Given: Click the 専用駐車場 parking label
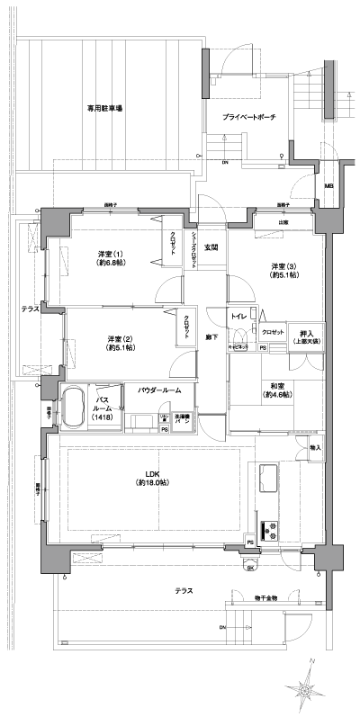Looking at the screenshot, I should point(105,108).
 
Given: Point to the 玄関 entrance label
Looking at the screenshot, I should point(211,247).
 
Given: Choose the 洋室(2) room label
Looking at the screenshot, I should point(109,343).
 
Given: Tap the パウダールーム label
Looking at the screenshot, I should point(159,391).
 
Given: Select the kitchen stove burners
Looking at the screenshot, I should point(267,530).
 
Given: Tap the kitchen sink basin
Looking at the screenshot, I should point(269,477).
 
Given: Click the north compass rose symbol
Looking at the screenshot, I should point(308,689).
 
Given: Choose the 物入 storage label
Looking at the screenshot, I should point(315,447).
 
